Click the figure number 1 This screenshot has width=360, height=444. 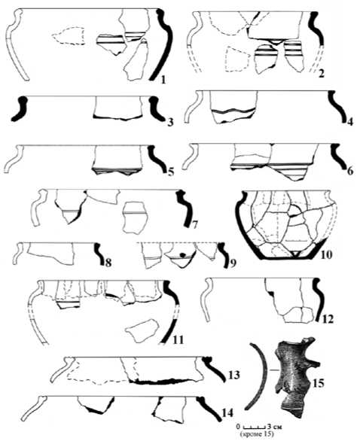[x=163, y=80]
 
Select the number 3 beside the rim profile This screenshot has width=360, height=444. [x=170, y=123]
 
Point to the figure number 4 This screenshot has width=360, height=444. [x=349, y=122]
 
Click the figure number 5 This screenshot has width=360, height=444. [x=171, y=172]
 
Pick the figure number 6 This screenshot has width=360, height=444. [x=350, y=171]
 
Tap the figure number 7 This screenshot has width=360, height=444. [x=194, y=225]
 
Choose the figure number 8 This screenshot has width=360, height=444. [x=108, y=263]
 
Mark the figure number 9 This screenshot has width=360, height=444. [x=233, y=263]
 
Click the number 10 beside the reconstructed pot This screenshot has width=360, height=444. [x=325, y=254]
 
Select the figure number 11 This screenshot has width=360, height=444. [x=178, y=339]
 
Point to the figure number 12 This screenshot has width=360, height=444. [x=328, y=319]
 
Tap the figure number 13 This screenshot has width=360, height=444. [x=234, y=375]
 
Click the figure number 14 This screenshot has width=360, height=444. [x=227, y=412]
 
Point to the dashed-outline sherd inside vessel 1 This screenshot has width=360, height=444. [x=69, y=35]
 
